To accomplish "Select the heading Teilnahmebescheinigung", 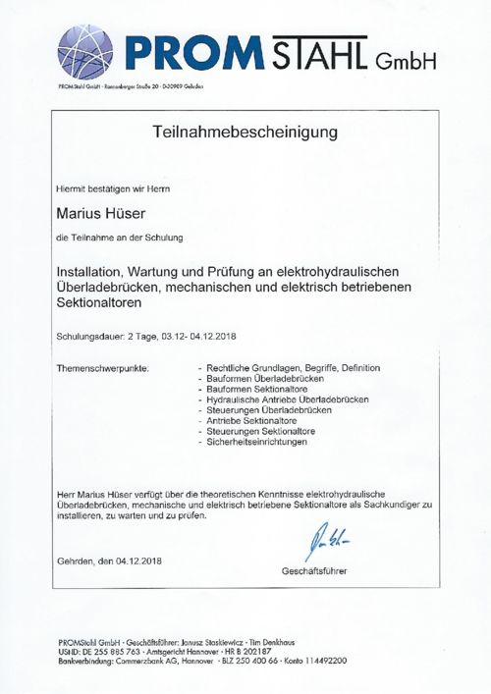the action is pos(245,131).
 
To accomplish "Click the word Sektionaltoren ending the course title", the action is pos(105,306).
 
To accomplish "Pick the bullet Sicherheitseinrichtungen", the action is pos(257,442).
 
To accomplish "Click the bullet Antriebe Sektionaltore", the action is pos(252,420).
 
